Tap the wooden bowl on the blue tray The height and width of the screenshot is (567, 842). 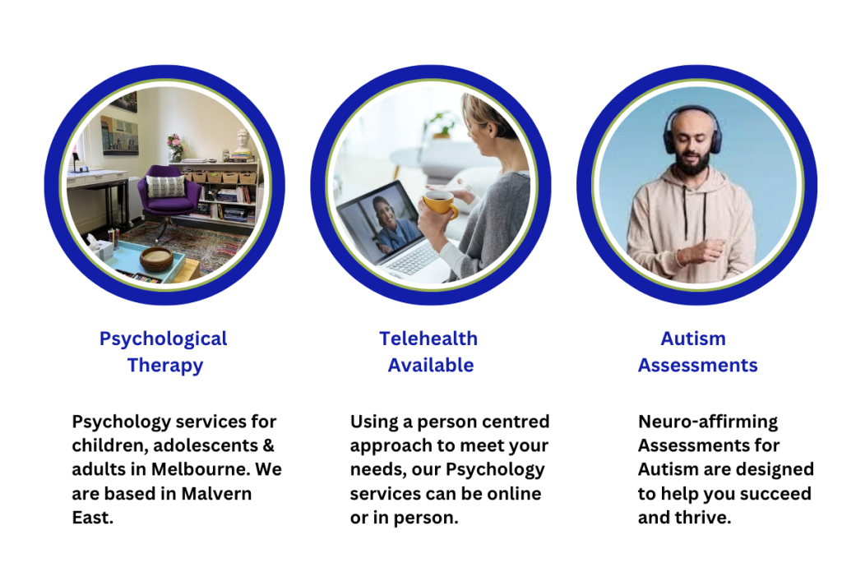coord(156,259)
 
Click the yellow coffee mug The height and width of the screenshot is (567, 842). coord(440,205)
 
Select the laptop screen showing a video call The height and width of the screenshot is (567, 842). coord(378,222)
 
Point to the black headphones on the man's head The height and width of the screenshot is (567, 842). coord(692,129)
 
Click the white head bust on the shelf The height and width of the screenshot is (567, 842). coord(243,141)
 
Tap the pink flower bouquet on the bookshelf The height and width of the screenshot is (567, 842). coord(175,145)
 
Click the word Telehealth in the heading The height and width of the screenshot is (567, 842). coord(428,339)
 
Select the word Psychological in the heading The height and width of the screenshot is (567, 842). coord(164,339)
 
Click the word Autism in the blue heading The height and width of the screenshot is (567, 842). coord(692,339)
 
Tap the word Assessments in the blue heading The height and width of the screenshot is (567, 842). coord(697,366)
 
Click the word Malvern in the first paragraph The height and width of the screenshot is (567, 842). coord(216,494)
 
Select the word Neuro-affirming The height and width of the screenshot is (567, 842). coord(708,422)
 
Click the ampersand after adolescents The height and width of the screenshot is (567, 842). coord(269,445)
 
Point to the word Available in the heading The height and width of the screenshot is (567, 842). coord(431,366)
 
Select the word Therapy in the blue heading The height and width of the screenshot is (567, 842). coord(165,366)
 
